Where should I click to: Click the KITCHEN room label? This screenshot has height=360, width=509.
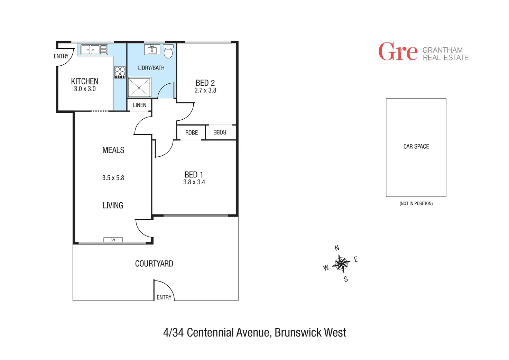[85, 81]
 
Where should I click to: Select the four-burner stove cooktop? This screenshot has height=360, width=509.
[120, 72]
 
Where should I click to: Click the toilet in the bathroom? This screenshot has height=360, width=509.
[168, 52]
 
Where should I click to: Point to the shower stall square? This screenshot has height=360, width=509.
[139, 87]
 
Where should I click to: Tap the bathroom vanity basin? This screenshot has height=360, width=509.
[152, 50]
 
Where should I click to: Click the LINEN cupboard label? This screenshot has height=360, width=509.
[139, 105]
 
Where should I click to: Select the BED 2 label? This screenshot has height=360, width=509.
[205, 83]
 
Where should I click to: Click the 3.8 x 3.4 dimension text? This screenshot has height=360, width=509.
[194, 182]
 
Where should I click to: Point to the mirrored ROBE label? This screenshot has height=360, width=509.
[220, 132]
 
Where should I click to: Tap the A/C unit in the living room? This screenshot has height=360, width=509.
[113, 240]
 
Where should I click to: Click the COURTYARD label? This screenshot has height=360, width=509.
[154, 264]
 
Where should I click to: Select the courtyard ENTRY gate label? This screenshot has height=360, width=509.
[164, 297]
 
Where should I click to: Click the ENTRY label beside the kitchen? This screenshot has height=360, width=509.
[61, 56]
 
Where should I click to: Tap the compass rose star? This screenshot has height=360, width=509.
[341, 264]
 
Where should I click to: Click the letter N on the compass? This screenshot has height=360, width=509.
[337, 248]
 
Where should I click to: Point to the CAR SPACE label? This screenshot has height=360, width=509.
[416, 147]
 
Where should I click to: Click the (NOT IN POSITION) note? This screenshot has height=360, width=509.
[416, 203]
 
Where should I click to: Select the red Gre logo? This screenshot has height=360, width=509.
[398, 52]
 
